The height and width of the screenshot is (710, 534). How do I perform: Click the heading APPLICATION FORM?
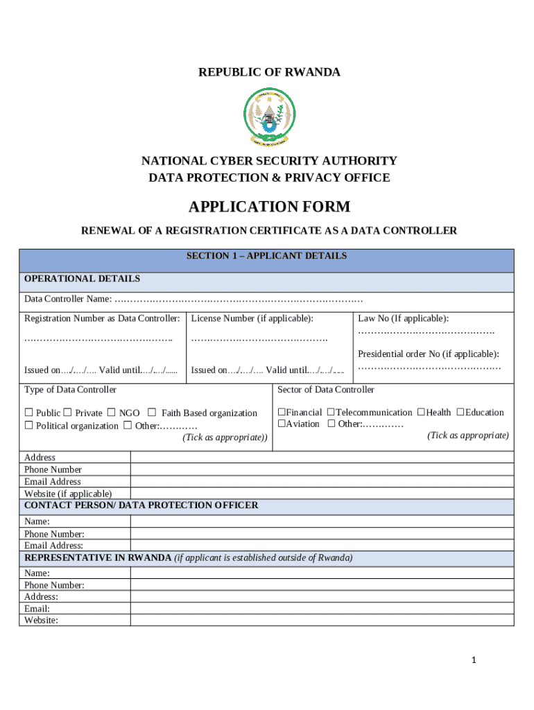pyautogui.click(x=269, y=207)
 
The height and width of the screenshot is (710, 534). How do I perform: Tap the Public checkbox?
pyautogui.click(x=29, y=413)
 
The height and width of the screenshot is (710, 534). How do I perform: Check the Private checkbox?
pyautogui.click(x=68, y=413)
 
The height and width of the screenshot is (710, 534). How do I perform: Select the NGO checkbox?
pyautogui.click(x=112, y=413)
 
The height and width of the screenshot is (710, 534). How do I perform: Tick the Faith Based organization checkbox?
pyautogui.click(x=152, y=413)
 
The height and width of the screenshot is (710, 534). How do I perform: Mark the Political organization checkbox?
pyautogui.click(x=29, y=426)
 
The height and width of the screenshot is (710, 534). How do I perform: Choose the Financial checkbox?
pyautogui.click(x=282, y=413)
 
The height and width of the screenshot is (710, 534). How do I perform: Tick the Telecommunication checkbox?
pyautogui.click(x=331, y=413)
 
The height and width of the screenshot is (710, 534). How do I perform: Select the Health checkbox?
pyautogui.click(x=421, y=413)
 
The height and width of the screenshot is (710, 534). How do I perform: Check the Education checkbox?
pyautogui.click(x=460, y=413)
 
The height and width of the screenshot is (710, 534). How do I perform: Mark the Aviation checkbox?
pyautogui.click(x=282, y=424)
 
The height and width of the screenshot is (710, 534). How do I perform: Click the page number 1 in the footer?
pyautogui.click(x=473, y=661)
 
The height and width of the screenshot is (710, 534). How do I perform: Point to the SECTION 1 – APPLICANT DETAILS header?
pyautogui.click(x=266, y=256)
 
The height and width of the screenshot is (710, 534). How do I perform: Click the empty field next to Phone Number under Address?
pyautogui.click(x=322, y=469)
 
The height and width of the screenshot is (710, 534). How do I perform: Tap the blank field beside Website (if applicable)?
pyautogui.click(x=322, y=493)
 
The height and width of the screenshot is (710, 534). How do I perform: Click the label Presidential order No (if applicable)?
pyautogui.click(x=428, y=354)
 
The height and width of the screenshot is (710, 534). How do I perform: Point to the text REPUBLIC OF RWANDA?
pyautogui.click(x=269, y=72)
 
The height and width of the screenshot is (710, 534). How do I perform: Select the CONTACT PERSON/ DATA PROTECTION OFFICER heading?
pyautogui.click(x=141, y=505)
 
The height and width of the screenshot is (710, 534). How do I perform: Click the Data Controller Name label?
pyautogui.click(x=68, y=299)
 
